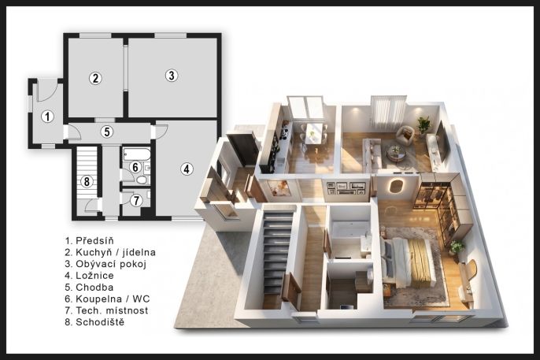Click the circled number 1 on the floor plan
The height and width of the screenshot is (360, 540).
[x=47, y=117]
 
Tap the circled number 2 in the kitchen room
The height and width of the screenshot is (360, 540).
[x=95, y=78]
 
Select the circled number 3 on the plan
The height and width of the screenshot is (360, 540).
[x=172, y=75]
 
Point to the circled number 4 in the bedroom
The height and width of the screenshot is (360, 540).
[x=187, y=169]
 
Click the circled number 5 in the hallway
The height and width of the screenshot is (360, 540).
[x=107, y=132]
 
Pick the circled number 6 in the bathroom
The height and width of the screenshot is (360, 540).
[x=135, y=167]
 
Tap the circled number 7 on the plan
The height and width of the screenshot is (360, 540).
[x=136, y=201]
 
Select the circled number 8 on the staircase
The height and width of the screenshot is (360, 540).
[x=87, y=181]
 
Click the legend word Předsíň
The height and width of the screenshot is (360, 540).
[x=94, y=240]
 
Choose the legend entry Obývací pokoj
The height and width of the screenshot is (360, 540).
[x=111, y=264]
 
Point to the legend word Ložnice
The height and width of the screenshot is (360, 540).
[x=94, y=276]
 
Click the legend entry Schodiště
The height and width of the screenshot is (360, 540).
[x=100, y=322]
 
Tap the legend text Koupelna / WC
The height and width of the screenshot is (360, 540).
[x=113, y=299]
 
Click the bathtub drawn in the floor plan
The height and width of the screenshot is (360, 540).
[x=136, y=154]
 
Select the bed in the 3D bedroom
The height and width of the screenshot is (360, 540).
[x=408, y=262]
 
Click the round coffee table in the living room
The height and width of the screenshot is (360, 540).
[x=396, y=153]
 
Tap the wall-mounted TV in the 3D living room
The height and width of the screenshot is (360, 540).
[x=442, y=141]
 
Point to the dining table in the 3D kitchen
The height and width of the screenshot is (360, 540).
[x=314, y=132]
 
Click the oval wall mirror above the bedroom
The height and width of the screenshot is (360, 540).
[x=397, y=186]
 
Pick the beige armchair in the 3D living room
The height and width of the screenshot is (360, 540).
[x=405, y=135]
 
